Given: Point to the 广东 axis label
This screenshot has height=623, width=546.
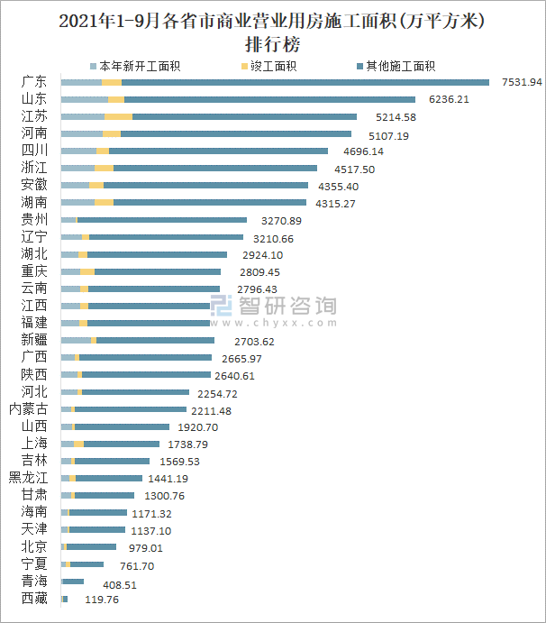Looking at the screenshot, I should click(34, 82).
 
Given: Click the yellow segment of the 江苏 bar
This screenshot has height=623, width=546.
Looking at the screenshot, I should click(118, 116).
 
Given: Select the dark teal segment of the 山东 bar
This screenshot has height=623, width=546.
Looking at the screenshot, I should click(270, 99).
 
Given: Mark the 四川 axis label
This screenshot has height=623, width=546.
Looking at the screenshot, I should click(34, 151).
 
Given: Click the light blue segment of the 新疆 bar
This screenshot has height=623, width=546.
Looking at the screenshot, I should click(76, 340).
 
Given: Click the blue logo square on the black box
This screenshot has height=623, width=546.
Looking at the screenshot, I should click(224, 308).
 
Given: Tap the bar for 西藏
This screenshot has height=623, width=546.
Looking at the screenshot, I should click(64, 599).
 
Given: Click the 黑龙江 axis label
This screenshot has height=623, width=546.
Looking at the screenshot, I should click(28, 478).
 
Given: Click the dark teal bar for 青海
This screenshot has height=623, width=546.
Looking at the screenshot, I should click(72, 582).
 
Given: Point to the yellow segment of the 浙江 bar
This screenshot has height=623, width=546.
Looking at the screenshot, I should click(104, 168).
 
